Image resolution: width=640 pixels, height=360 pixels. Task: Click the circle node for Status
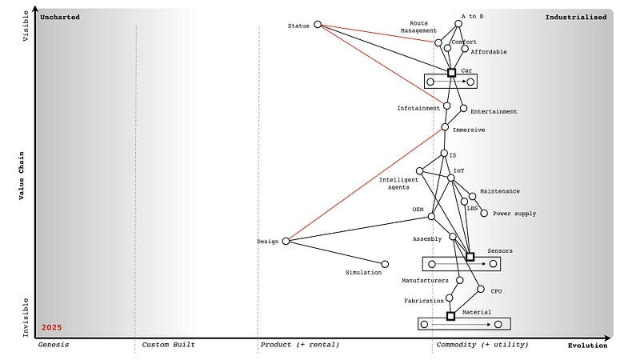point(318,25)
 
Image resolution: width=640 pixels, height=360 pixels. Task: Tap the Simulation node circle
point(385,264)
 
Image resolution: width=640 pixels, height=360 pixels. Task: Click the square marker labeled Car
point(451,72)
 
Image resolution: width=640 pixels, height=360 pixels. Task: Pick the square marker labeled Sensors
point(470,257)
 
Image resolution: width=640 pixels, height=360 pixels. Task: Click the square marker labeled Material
point(450,316)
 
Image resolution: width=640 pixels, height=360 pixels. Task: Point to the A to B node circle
point(458,24)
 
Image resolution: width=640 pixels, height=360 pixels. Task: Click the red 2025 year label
point(52,328)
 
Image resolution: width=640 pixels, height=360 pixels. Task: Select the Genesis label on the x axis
point(54,345)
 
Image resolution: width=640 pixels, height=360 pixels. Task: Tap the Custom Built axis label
point(168,345)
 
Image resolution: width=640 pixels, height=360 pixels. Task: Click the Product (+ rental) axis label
point(299,345)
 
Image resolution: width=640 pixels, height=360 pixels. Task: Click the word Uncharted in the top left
point(61,17)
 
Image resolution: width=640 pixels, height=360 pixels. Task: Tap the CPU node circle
point(481,290)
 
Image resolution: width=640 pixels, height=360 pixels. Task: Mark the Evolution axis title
point(587,346)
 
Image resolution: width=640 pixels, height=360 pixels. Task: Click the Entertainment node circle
point(463,109)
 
